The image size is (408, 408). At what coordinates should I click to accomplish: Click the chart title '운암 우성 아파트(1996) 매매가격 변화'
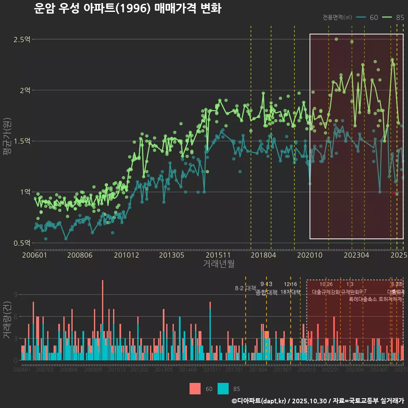tap(127, 8)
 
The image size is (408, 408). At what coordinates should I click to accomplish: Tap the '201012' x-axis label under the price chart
tap(126, 255)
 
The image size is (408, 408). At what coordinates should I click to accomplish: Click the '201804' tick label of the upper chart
tap(263, 255)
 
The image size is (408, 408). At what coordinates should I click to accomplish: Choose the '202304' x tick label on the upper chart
tap(356, 255)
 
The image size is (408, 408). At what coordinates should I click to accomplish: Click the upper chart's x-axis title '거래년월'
tap(218, 264)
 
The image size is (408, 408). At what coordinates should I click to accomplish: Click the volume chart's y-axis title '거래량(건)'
tap(7, 320)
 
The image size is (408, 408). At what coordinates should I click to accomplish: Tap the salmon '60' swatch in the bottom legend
tap(195, 388)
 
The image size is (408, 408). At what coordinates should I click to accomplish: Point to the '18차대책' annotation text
tap(291, 292)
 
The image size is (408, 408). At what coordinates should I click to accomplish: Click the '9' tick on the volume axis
tap(16, 295)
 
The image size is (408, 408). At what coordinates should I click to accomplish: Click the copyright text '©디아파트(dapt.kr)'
tap(259, 401)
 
